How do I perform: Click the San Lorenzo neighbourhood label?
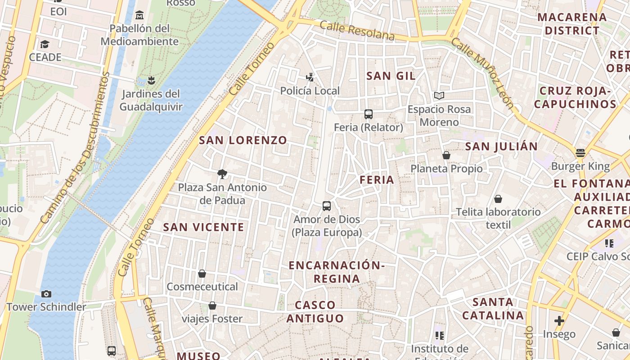click(243, 140)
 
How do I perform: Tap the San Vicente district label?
click(203, 227)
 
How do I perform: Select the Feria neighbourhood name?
click(377, 180)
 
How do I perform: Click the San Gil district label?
click(391, 76)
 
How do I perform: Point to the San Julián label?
click(501, 147)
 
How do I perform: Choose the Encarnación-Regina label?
click(337, 272)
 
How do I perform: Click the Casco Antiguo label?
click(315, 312)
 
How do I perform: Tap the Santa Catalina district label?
click(493, 308)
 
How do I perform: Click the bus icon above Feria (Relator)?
click(369, 114)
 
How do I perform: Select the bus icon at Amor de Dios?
click(327, 206)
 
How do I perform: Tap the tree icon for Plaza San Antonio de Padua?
click(222, 174)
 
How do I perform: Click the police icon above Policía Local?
click(310, 77)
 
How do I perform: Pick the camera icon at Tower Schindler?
click(46, 294)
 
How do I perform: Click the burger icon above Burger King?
click(580, 153)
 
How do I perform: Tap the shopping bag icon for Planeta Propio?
click(446, 155)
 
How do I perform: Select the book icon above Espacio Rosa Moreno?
click(439, 96)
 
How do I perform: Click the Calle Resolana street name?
click(357, 31)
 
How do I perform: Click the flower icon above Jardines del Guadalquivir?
click(151, 81)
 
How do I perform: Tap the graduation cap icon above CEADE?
click(45, 44)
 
